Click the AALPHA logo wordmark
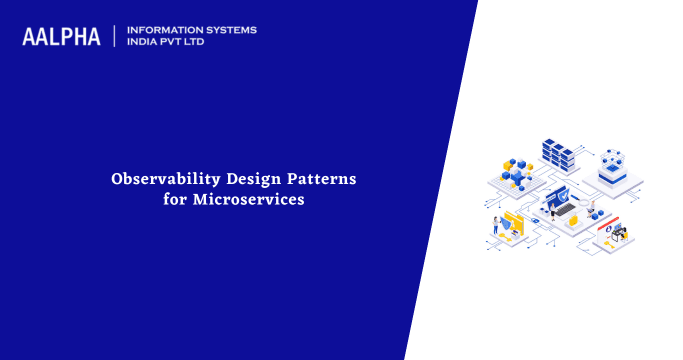tap(61, 37)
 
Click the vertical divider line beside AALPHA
tap(115, 36)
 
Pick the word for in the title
tap(175, 199)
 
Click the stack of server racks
tap(561, 155)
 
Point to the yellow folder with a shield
tap(514, 223)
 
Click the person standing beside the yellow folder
tap(495, 224)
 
